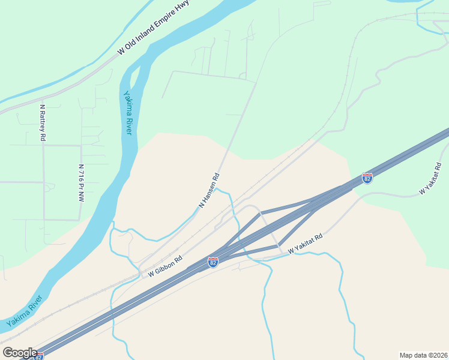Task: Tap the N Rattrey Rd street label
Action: [x=43, y=123]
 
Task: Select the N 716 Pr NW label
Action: [x=80, y=182]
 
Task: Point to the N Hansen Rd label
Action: [x=209, y=191]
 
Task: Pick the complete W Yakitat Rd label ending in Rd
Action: [x=306, y=242]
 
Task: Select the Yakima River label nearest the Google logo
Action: [x=25, y=311]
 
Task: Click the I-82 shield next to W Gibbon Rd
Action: [x=212, y=262]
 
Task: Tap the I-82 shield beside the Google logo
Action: [x=39, y=356]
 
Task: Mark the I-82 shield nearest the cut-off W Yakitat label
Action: [x=367, y=178]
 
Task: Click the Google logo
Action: [x=19, y=353]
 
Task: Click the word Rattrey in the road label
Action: [x=43, y=120]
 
